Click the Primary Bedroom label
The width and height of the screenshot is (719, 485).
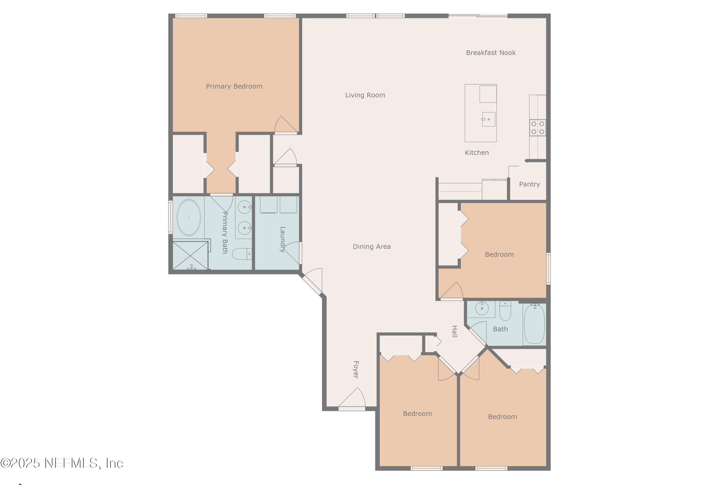coord(234,86)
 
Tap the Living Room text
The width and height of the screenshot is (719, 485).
coord(365,95)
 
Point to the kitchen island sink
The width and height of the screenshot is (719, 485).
coord(488,119)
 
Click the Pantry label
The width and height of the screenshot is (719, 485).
coord(529,184)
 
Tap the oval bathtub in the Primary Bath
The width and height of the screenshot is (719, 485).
coord(189,217)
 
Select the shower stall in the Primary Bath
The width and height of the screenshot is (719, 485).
coord(190,255)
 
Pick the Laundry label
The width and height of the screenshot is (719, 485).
coord(283,239)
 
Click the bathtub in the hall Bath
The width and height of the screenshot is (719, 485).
coord(534,323)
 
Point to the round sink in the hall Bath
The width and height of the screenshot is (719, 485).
coord(482,308)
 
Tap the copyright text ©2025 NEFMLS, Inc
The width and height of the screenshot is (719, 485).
coord(62,463)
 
